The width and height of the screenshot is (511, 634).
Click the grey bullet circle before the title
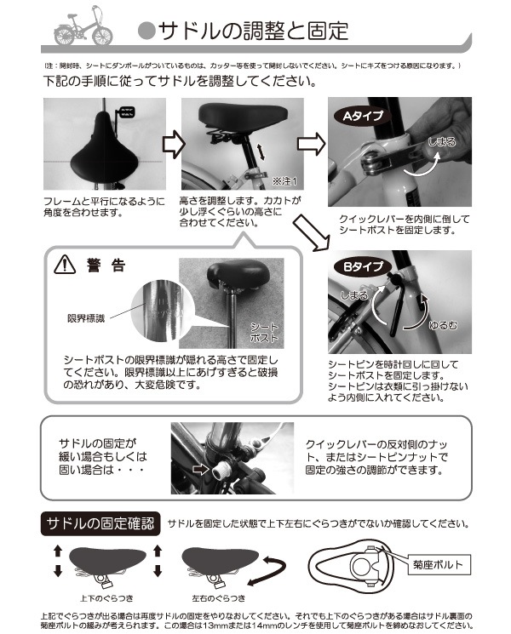[146, 31]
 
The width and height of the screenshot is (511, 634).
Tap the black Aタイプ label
[362, 114]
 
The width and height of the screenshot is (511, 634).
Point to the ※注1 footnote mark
[284, 181]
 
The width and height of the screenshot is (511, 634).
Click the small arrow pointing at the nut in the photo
[201, 466]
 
